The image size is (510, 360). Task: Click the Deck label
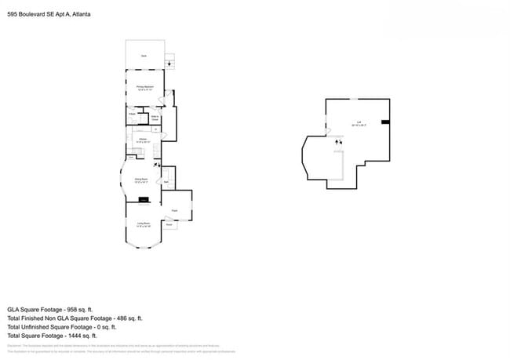point(144,56)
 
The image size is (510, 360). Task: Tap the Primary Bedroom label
point(144,89)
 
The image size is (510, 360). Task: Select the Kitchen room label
point(142,140)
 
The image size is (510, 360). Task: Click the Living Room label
point(144,226)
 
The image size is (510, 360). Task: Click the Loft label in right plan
point(359,122)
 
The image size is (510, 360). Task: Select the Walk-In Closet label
point(155,118)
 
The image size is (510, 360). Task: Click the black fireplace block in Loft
point(385,122)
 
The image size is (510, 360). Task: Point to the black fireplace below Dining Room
point(142,200)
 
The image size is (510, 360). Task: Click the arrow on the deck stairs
point(169,64)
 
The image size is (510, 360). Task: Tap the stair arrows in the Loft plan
point(338,142)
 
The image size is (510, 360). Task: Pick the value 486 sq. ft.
point(129,318)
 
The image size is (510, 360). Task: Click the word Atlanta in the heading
point(79,13)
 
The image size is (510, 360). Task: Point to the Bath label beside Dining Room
point(166,181)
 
